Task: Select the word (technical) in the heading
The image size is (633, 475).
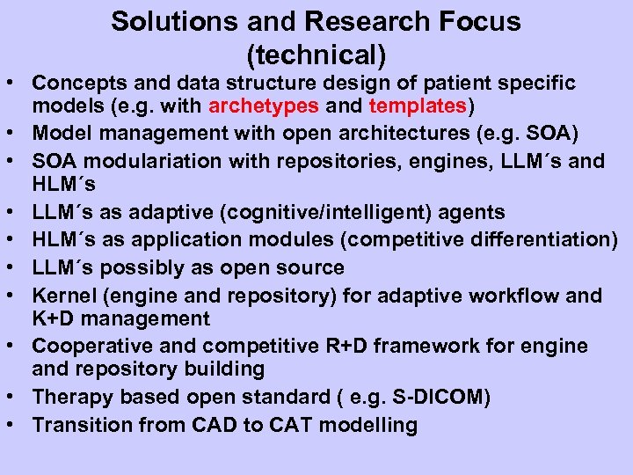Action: coord(316,55)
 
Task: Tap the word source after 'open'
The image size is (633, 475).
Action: coord(308,267)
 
